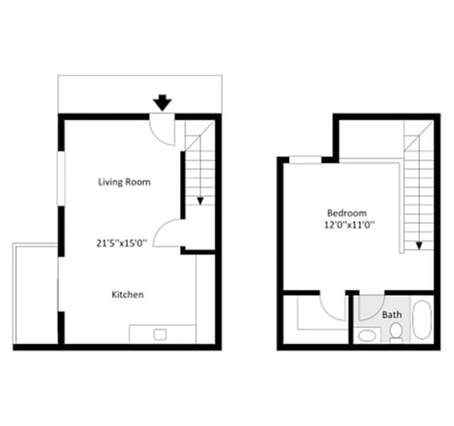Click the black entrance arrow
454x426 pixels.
[x=163, y=103]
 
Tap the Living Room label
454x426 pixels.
[x=124, y=182]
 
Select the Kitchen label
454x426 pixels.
[x=128, y=294]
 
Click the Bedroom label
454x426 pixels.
[x=347, y=212]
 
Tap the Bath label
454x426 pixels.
[x=391, y=314]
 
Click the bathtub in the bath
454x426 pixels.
[x=422, y=320]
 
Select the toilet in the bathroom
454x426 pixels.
[x=397, y=333]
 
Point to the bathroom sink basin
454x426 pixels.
[x=367, y=336]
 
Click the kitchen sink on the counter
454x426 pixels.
[x=160, y=334]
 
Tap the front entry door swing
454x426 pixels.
[x=161, y=129]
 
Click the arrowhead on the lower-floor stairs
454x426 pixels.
[x=200, y=201]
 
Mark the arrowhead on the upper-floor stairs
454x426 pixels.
[x=419, y=245]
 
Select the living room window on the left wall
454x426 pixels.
[x=60, y=179]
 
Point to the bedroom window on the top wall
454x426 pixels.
[x=305, y=159]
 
